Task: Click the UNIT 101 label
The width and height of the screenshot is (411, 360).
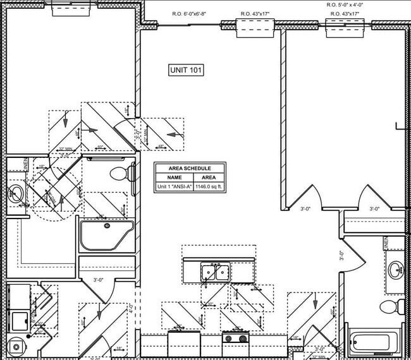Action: point(186,70)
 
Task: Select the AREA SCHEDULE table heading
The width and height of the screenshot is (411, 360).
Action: point(190,168)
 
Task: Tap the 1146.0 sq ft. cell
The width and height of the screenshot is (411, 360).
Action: point(209,187)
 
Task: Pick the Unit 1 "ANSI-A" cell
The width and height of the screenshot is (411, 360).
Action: point(174,187)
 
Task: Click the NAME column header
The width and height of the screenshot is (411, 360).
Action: point(174,177)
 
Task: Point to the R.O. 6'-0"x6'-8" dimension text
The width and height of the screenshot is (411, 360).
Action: point(192,14)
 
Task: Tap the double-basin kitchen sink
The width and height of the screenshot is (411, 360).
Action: point(215,272)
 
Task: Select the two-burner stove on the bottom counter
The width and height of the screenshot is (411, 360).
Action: point(236,339)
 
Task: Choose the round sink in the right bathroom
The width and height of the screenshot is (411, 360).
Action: point(396,270)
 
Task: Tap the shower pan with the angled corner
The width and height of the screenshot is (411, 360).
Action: point(106,234)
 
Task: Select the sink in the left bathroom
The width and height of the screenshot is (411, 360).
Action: point(16,193)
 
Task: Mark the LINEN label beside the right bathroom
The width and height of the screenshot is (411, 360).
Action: point(386,242)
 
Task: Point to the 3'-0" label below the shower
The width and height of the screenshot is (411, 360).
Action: point(99,280)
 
